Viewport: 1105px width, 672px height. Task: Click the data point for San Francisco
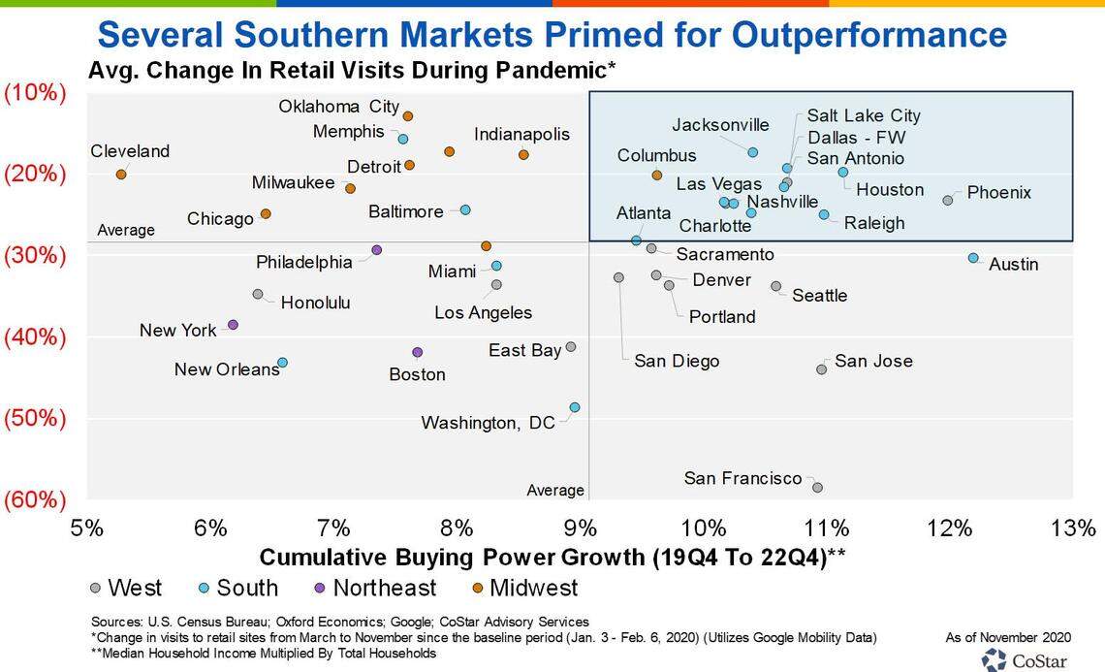817,488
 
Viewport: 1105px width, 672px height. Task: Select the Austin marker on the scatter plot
973,258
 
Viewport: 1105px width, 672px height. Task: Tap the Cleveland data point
121,175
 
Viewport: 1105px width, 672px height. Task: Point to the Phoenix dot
948,200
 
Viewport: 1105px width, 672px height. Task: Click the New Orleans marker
282,363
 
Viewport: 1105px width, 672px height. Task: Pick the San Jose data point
822,369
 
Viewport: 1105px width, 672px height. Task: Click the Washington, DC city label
488,423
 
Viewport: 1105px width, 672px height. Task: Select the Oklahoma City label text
338,107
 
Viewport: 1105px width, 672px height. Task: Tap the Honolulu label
315,303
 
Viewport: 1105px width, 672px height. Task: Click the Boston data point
418,352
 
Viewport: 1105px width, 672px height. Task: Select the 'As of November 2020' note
1008,637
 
